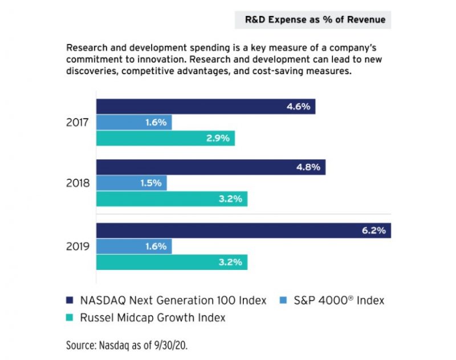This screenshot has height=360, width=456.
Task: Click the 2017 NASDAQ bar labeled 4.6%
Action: (205, 107)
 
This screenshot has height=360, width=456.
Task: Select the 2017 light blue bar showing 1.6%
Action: (134, 122)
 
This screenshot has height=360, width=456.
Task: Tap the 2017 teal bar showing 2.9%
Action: (165, 138)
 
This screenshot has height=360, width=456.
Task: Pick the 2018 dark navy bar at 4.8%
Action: (210, 168)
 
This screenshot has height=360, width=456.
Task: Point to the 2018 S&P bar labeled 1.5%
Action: (132, 183)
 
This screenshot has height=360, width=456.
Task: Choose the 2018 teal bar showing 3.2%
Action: (172, 199)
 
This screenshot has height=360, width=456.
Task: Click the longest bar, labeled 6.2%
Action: (243, 230)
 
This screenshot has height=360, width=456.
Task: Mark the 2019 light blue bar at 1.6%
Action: (134, 246)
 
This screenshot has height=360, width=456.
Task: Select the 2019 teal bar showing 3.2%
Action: (172, 262)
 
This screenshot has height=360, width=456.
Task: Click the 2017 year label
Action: (76, 122)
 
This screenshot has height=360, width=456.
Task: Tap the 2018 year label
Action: (76, 184)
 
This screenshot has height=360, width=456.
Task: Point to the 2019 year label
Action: (76, 246)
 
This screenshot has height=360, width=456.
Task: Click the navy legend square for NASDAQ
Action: (71, 300)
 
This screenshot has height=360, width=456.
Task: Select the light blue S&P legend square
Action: (284, 300)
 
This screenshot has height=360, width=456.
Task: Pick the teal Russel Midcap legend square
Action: (71, 318)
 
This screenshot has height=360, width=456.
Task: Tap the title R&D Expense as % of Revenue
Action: (315, 20)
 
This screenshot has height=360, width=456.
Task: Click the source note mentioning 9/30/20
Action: (134, 345)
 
